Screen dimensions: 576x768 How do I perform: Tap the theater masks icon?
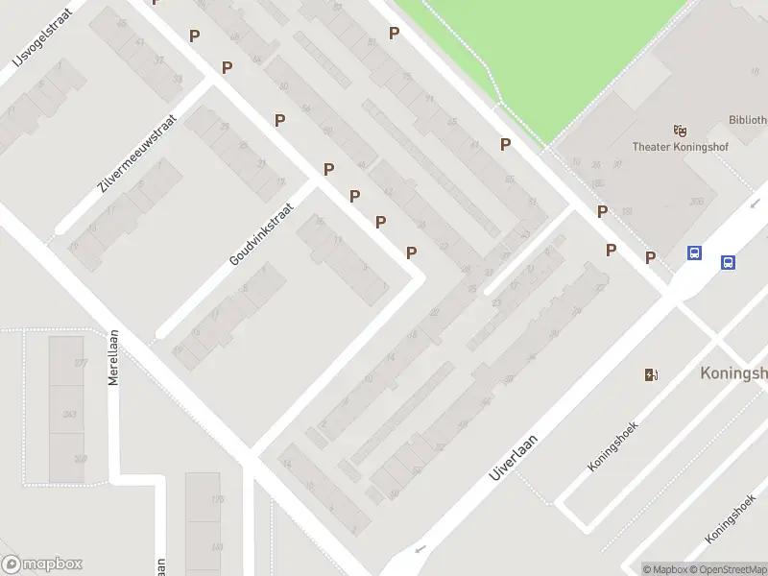pos(681,130)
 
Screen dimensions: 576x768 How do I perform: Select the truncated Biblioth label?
pos(747,122)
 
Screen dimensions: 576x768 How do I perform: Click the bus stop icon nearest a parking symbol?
pos(695,253)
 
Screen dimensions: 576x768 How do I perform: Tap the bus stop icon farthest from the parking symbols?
pos(729,262)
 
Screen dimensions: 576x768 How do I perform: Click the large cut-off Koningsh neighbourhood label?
pos(733,372)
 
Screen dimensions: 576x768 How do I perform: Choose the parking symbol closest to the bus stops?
pos(650,257)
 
